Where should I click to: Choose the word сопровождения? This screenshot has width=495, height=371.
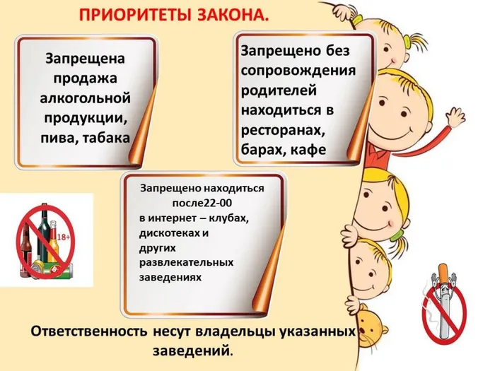298,71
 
